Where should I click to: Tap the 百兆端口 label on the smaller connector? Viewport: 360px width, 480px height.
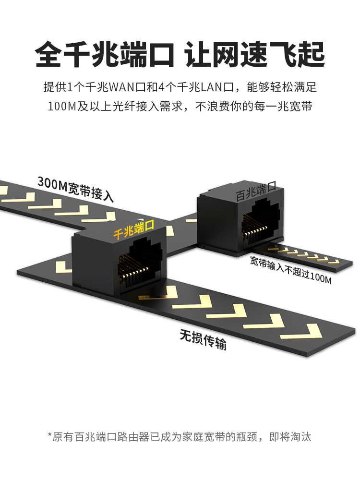256,192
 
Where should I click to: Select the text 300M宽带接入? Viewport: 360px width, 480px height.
75,188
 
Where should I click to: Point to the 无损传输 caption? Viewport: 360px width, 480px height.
203,339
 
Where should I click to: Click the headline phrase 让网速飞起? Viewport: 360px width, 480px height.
255,54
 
